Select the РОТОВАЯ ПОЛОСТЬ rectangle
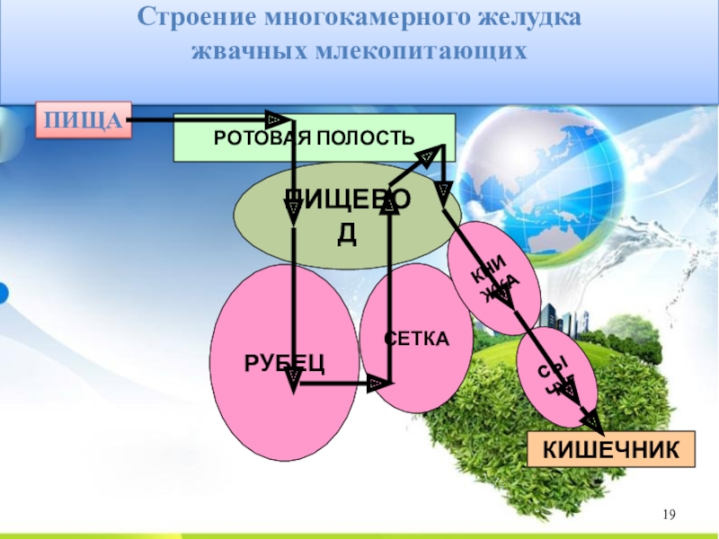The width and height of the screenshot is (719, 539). point(314,137)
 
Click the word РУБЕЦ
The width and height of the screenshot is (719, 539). point(284,362)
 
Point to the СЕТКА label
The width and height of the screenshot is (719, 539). point(416,339)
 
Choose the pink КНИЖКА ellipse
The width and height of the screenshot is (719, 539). point(494,278)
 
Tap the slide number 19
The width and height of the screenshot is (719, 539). point(668,515)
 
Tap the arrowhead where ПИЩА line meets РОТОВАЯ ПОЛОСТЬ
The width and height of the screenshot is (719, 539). point(274,119)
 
